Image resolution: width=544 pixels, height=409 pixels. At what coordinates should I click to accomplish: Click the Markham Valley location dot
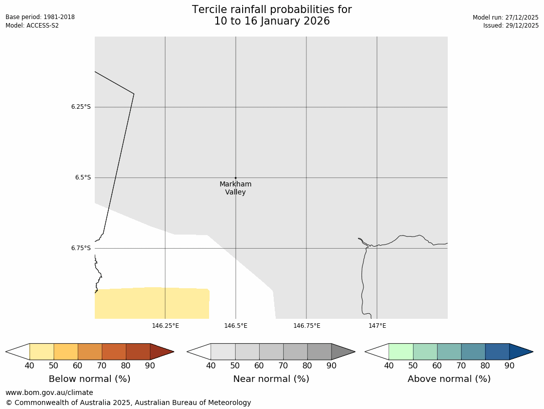pos(236,178)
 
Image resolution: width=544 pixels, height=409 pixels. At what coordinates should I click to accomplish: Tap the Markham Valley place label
pos(236,188)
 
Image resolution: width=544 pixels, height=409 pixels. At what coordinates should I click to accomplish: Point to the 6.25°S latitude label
pos(81,107)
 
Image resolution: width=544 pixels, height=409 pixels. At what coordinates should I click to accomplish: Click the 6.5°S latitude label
pos(83,177)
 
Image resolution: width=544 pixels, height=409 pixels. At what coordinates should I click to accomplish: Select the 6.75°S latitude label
pos(81,248)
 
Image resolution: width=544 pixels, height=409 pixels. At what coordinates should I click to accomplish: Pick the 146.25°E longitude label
pos(165,326)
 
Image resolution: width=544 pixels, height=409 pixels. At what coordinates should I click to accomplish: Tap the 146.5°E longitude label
pos(236,326)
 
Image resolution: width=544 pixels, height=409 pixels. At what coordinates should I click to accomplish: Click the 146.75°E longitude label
pos(306,326)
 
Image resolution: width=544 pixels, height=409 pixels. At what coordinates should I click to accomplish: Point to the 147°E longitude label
pos(377,326)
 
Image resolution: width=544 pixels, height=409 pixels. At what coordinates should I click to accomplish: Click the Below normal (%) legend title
pos(89,379)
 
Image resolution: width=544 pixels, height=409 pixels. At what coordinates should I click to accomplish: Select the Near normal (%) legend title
pos(271,379)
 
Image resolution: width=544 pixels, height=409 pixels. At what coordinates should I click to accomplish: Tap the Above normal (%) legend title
pos(449,379)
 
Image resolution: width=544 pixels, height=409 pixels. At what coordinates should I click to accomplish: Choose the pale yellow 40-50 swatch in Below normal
pos(42,351)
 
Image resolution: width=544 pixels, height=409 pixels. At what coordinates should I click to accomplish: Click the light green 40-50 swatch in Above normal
pos(401,351)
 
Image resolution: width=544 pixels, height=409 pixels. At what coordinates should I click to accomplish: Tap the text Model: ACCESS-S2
pos(32,26)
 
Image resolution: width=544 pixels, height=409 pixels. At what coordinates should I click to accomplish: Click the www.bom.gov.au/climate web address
pos(49,392)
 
